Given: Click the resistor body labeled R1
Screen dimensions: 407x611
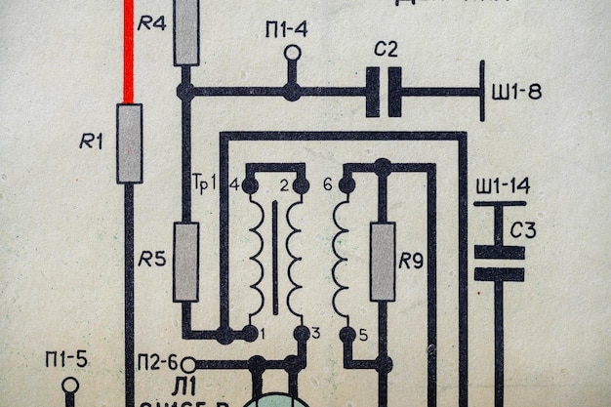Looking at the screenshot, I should [x=129, y=143].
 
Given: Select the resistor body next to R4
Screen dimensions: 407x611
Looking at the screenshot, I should [x=185, y=32].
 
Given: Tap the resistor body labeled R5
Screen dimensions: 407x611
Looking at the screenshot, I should [x=185, y=262].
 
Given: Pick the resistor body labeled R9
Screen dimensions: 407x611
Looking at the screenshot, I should [x=383, y=262].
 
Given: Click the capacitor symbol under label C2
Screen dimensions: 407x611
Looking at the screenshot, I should [x=384, y=92].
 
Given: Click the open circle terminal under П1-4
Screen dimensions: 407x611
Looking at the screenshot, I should [x=292, y=53].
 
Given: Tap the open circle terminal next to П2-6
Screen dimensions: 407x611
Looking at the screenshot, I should [x=188, y=364].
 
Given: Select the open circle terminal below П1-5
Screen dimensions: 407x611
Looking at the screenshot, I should [x=70, y=385].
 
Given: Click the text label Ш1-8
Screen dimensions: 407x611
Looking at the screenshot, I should [x=517, y=92].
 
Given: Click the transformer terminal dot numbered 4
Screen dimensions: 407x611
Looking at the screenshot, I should [x=251, y=184].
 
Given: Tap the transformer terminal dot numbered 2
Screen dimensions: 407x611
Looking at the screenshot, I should [x=301, y=184].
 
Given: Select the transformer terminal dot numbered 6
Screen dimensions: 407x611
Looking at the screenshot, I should [x=346, y=184].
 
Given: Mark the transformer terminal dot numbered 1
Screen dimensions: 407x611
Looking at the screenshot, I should [x=251, y=334].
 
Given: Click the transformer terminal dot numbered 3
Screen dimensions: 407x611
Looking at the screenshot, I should [x=301, y=334].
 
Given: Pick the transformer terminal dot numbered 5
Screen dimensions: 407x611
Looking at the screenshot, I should [x=346, y=334].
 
